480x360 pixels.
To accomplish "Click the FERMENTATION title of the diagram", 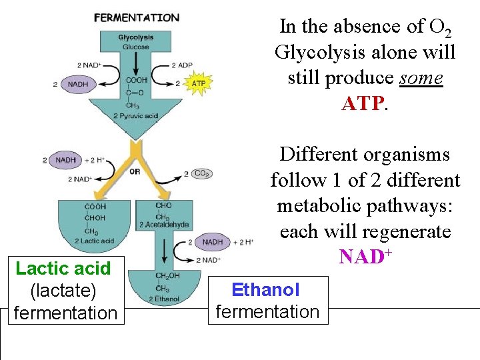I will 137,17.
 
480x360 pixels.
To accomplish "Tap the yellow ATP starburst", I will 198,83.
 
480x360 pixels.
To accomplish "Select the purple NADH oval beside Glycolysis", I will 78,84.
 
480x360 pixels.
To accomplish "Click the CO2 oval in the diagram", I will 201,173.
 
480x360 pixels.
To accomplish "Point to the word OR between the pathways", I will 135,171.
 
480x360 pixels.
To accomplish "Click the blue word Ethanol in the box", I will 265,290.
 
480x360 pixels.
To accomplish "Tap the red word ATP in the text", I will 363,103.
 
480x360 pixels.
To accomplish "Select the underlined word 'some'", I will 421,78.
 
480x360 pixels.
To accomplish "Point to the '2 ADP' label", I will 182,65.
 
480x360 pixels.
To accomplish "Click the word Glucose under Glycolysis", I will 137,47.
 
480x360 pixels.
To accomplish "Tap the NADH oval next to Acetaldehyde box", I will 211,243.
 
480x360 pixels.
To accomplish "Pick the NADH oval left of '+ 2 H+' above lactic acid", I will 65,161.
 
